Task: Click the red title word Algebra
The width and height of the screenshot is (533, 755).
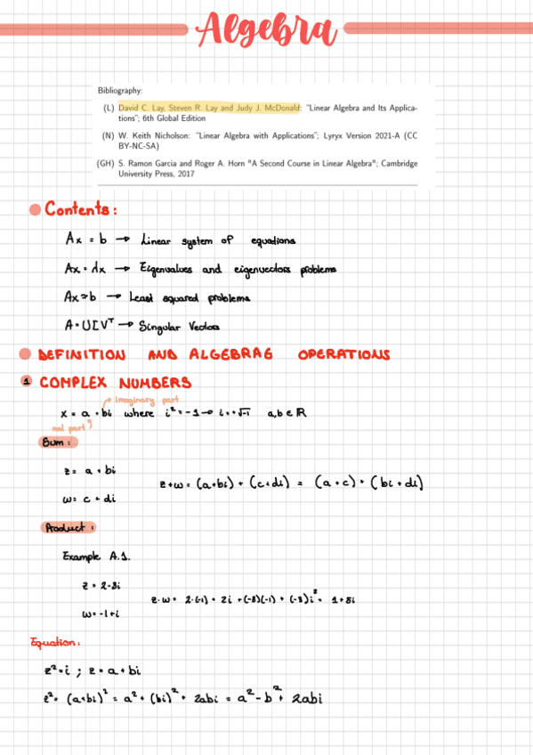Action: pyautogui.click(x=267, y=29)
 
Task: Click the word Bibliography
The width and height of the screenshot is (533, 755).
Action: pyautogui.click(x=120, y=91)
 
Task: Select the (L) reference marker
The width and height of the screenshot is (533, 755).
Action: pyautogui.click(x=109, y=107)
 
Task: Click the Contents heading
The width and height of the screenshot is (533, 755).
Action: pyautogui.click(x=81, y=210)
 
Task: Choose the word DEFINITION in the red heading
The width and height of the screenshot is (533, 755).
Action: pyautogui.click(x=85, y=355)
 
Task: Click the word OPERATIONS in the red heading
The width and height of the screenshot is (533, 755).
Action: pyautogui.click(x=343, y=355)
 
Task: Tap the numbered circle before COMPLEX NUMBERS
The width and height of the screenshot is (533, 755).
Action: pyautogui.click(x=27, y=383)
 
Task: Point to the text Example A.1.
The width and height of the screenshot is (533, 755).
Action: pyautogui.click(x=97, y=556)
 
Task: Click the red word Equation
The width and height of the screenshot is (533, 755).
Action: pyautogui.click(x=55, y=642)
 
